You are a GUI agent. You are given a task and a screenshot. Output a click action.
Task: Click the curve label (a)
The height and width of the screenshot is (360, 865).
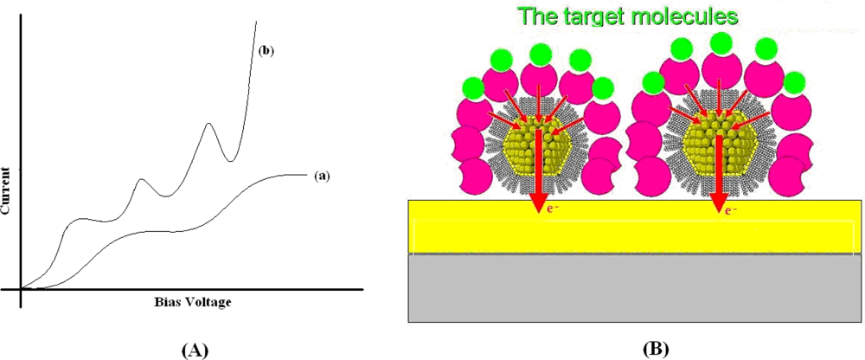pyautogui.click(x=322, y=176)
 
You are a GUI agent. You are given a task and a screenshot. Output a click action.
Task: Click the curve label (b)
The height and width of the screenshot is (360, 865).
pyautogui.click(x=266, y=51)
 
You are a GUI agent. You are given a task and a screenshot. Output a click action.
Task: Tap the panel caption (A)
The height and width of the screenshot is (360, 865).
pyautogui.click(x=195, y=349)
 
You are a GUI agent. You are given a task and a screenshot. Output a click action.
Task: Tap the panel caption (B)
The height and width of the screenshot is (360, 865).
pyautogui.click(x=655, y=349)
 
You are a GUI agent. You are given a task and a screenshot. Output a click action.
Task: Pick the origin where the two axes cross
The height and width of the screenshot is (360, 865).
pyautogui.click(x=21, y=288)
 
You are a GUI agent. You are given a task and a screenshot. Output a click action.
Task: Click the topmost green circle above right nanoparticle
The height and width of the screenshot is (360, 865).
pyautogui.click(x=720, y=44)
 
